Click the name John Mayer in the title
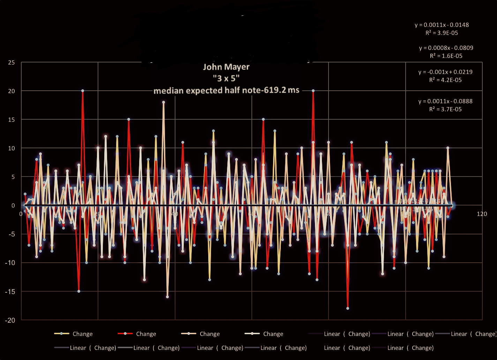226,67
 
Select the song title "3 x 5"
226,78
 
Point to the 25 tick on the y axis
12,62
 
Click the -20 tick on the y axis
10,320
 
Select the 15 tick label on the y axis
12,120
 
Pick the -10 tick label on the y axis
10,263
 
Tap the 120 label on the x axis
482,214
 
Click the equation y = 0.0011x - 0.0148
442,25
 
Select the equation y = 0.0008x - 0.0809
446,48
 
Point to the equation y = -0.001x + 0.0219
445,72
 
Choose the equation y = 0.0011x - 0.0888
445,101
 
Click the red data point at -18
348,308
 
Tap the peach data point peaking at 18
163,102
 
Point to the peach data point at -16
167,297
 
